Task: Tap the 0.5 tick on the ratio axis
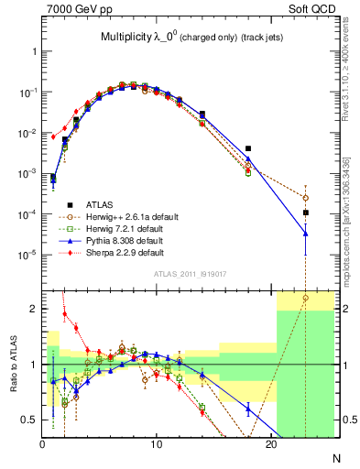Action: click(29, 420)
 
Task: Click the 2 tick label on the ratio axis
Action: click(35, 309)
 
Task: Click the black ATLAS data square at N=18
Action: click(248, 148)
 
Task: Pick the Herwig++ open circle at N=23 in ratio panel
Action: click(305, 298)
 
